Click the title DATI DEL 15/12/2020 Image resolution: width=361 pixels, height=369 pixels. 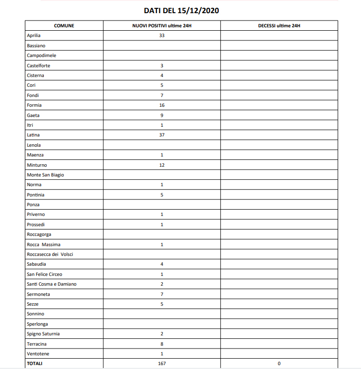tap(181, 10)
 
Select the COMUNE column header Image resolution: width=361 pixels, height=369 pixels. tap(64, 25)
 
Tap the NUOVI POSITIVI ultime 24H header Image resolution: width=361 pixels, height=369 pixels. tap(161, 25)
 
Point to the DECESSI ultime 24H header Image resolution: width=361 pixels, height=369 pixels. tap(279, 25)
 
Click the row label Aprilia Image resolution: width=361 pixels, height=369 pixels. tap(34, 36)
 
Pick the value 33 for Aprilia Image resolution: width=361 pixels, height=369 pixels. tap(162, 36)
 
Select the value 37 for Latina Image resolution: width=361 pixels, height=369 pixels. tap(162, 135)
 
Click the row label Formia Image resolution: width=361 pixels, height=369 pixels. tap(34, 105)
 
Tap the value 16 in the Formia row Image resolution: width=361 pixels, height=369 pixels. tap(162, 105)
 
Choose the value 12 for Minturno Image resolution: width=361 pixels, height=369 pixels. tap(162, 165)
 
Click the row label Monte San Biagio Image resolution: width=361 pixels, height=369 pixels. tap(45, 175)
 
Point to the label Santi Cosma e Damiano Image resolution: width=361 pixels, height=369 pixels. tap(52, 284)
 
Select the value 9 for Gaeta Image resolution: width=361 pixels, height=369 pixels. tap(162, 115)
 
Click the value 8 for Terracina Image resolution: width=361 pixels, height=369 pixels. tap(162, 344)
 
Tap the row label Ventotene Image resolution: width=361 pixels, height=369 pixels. tap(38, 353)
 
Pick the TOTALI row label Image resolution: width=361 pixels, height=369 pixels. tap(35, 364)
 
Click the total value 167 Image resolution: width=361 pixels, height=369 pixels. tap(162, 364)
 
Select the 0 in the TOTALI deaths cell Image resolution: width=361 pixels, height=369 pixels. tap(279, 364)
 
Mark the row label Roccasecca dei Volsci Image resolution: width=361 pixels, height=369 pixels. tap(50, 254)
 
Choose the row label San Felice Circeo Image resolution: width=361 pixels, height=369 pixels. tap(44, 274)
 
